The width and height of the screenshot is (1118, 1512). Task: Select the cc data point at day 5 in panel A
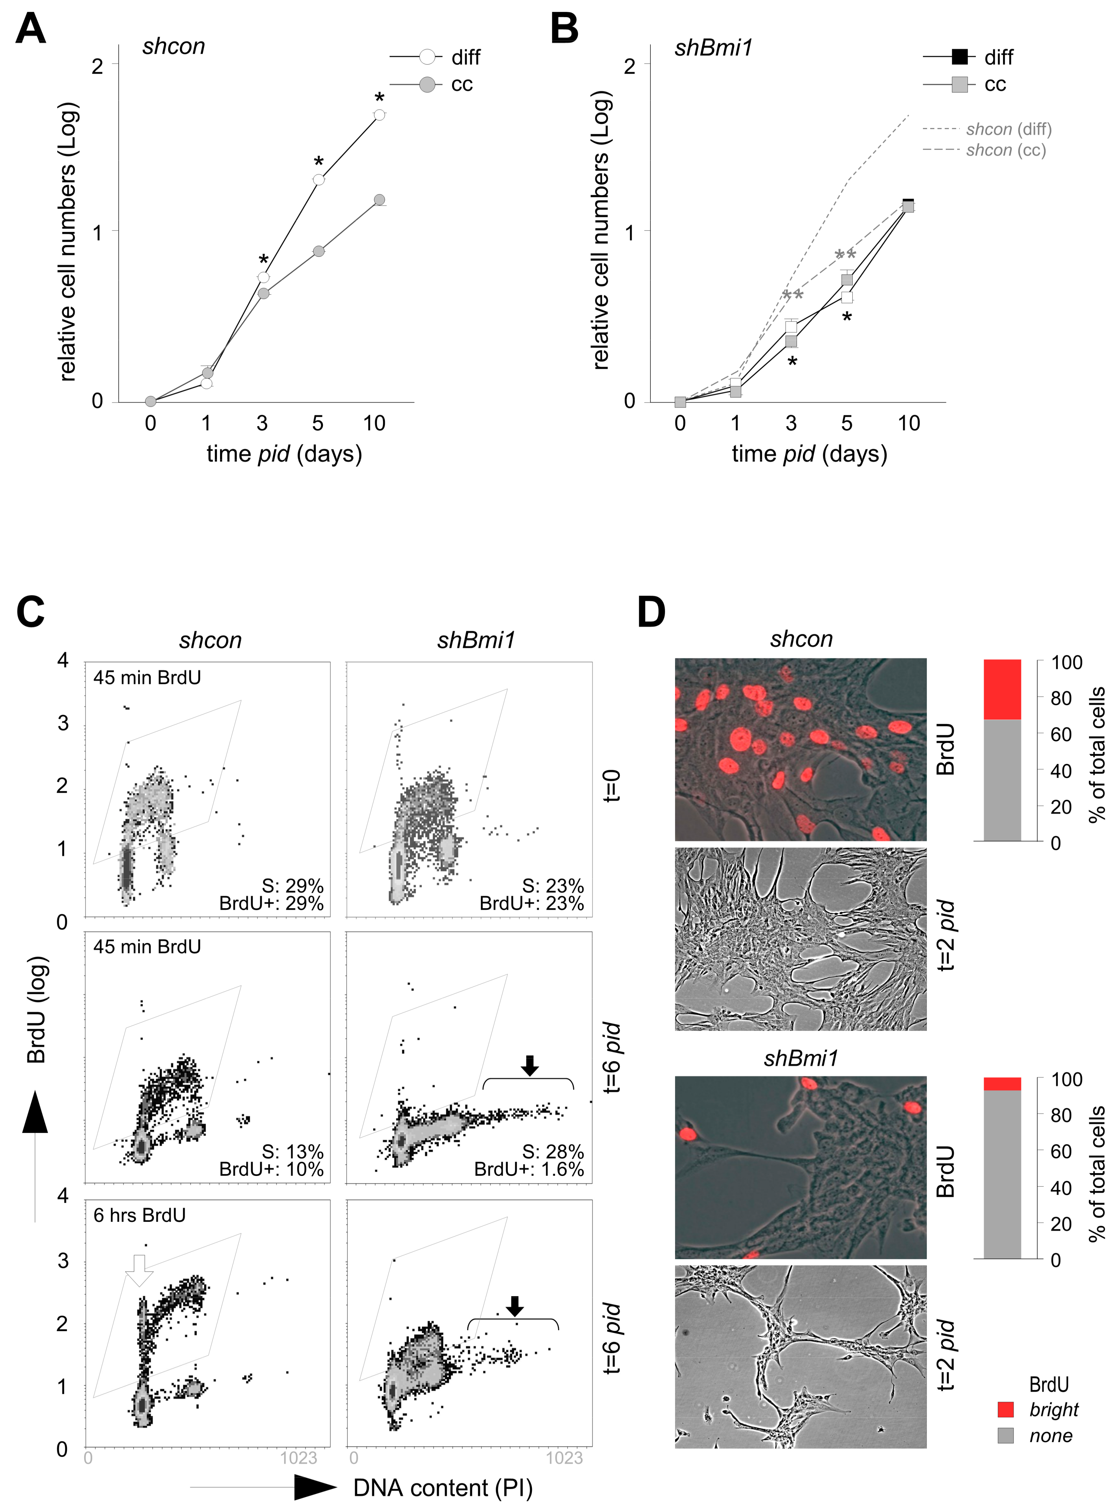coord(318,251)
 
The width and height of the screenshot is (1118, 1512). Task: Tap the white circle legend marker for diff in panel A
coord(427,57)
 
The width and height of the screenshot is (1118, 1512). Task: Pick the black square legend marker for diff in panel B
coord(959,57)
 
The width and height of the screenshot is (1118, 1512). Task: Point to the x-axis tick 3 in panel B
coord(790,424)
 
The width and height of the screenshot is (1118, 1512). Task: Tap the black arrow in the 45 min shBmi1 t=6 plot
coord(530,1065)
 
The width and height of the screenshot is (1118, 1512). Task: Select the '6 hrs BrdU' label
coord(139,1215)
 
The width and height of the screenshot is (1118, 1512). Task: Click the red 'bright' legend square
coord(1006,1409)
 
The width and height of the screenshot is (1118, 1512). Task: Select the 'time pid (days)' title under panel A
coord(284,454)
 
